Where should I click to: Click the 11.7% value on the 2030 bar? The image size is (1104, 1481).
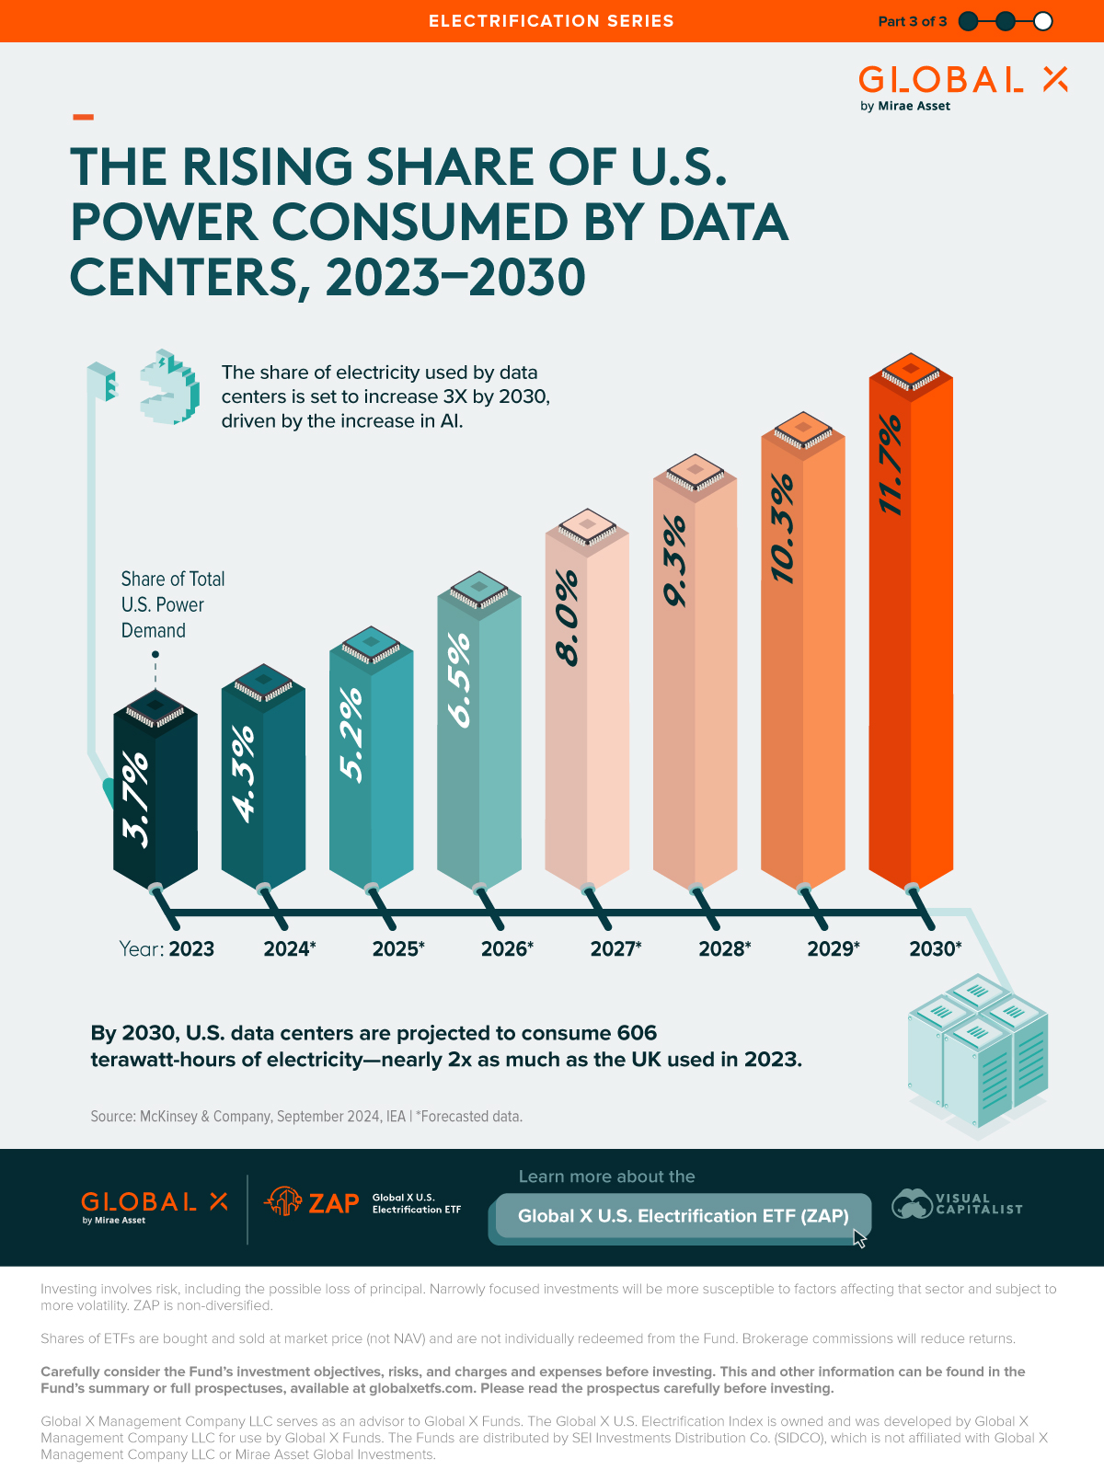pos(890,465)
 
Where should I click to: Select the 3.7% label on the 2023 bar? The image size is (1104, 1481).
pos(135,798)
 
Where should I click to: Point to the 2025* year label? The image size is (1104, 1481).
pos(397,948)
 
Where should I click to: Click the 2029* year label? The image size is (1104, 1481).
pos(833,948)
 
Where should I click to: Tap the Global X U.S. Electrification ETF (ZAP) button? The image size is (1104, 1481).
pos(683,1216)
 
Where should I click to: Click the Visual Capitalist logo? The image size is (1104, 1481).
pos(957,1203)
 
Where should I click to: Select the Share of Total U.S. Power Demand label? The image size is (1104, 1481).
pos(172,604)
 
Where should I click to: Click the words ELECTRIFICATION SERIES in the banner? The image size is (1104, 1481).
pos(551,21)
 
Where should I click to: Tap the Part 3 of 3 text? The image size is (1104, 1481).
pos(912,21)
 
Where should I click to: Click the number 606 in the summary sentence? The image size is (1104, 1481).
pos(637,1033)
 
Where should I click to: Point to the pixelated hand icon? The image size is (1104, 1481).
pos(169,386)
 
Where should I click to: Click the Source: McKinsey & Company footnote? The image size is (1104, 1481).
pos(305,1116)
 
